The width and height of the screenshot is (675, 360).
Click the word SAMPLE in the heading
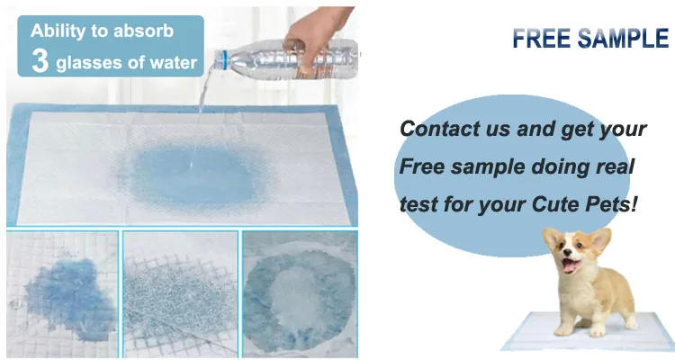623,39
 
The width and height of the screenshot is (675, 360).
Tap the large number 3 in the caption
40,61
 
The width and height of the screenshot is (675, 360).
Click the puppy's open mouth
569,266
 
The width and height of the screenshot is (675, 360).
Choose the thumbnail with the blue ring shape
299,292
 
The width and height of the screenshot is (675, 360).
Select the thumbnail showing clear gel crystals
180,292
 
